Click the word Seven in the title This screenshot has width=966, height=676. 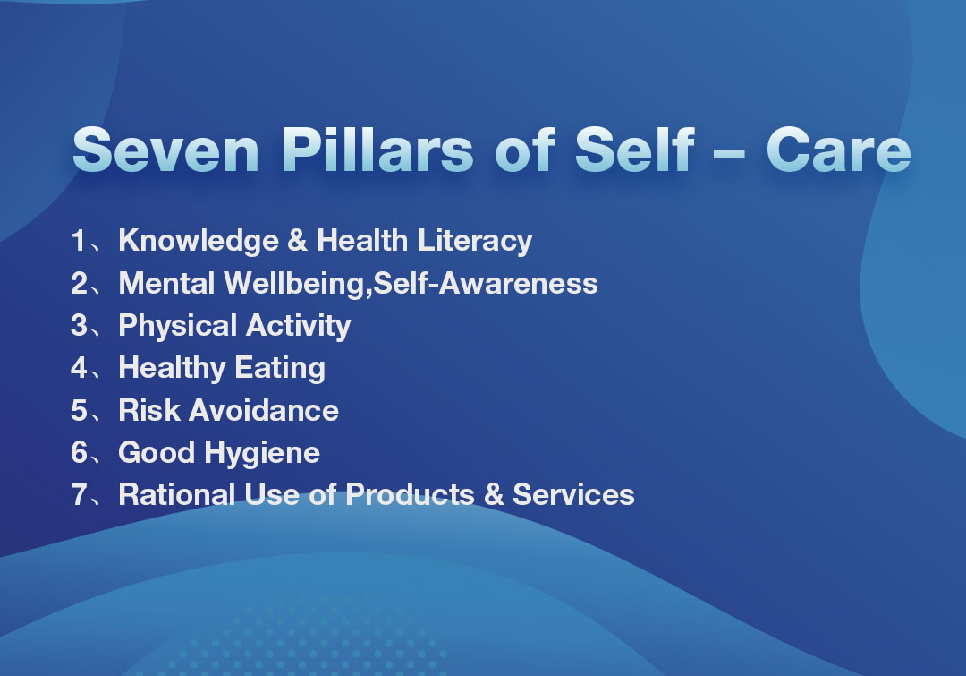click(x=165, y=150)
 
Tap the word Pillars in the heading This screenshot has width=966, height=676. click(x=377, y=150)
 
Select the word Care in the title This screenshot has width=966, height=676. click(x=838, y=150)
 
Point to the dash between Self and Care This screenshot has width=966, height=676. click(x=729, y=151)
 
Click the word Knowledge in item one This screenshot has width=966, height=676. click(x=199, y=241)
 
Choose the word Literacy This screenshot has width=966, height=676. click(x=475, y=241)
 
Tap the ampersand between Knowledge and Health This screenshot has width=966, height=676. click(x=298, y=240)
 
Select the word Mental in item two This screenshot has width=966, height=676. click(x=166, y=283)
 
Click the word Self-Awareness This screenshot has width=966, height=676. click(x=486, y=283)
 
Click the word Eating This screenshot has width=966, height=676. click(x=280, y=368)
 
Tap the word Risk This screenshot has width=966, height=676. click(x=149, y=410)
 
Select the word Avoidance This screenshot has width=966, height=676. click(x=264, y=410)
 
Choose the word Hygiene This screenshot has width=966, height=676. click(x=262, y=453)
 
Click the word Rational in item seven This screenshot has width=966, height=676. click(x=177, y=494)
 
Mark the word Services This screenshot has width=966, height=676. click(x=573, y=494)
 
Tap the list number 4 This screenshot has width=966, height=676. click(x=79, y=368)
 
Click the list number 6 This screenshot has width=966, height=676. click(x=80, y=452)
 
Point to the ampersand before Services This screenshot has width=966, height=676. click(x=494, y=494)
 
